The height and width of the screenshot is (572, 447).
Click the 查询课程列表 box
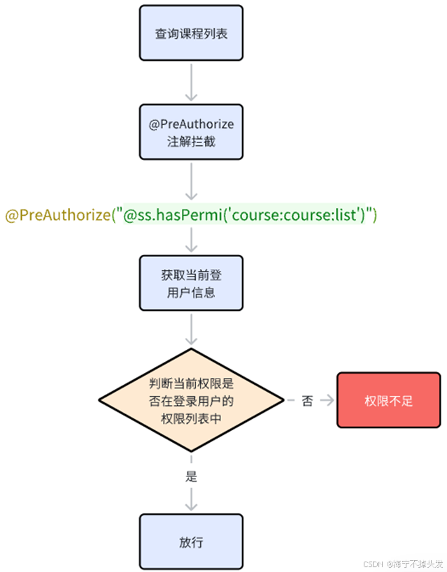point(191,33)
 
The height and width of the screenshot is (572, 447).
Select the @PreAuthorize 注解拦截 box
point(191,132)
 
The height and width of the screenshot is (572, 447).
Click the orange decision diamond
point(191,401)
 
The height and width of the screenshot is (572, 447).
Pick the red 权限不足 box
point(389,400)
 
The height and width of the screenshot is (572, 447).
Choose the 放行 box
point(191,541)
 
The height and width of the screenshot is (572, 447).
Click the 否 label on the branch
point(307,401)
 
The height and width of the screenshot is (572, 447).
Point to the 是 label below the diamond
point(191,477)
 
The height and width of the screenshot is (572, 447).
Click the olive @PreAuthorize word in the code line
point(57,216)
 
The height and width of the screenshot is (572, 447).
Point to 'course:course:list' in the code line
point(300,216)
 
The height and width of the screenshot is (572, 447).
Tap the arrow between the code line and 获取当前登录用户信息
point(191,239)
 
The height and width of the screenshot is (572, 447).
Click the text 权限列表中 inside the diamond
point(191,418)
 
